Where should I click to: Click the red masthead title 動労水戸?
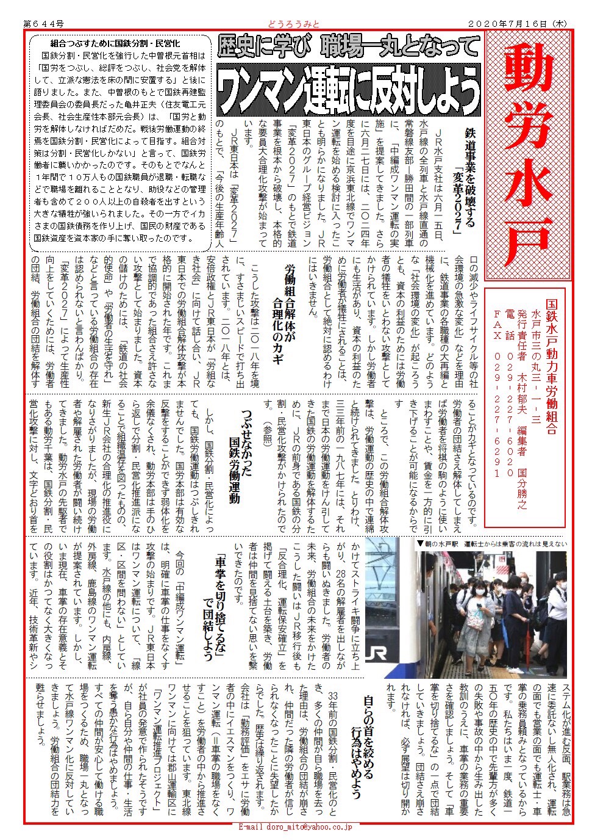point(529,156)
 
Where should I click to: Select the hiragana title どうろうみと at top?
point(293,23)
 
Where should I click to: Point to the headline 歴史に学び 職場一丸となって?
point(348,46)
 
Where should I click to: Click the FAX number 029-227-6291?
point(497,404)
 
